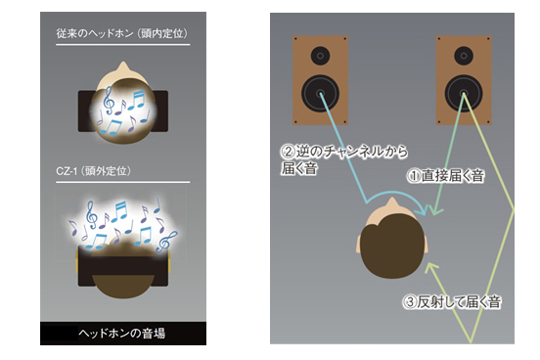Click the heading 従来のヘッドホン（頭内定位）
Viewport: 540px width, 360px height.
tap(122, 33)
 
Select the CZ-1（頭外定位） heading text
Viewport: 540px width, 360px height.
tap(93, 171)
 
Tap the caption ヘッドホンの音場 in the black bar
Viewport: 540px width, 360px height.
tap(122, 334)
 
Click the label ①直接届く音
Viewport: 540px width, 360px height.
tap(445, 176)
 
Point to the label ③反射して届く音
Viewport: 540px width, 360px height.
tap(452, 302)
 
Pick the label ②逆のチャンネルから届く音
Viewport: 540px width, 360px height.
tap(343, 159)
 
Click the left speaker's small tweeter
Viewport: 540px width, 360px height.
tap(320, 56)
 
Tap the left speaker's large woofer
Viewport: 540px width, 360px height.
tap(320, 93)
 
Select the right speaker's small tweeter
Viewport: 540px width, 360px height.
tap(464, 56)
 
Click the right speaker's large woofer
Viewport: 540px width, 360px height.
tap(464, 93)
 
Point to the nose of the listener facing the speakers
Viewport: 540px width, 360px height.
tap(393, 202)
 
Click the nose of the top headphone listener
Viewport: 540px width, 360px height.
tap(123, 67)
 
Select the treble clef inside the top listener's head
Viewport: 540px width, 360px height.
tap(109, 100)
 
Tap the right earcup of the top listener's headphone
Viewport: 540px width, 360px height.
tap(161, 111)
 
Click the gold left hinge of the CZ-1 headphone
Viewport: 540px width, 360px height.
tap(77, 261)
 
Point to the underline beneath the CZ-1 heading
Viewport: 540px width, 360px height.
tap(123, 182)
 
